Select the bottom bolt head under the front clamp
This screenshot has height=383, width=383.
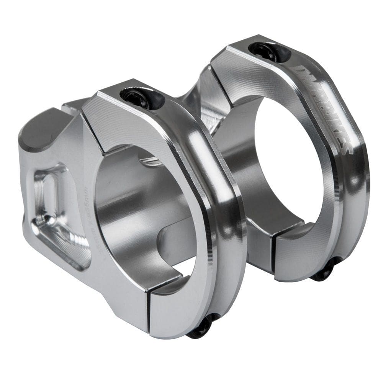click(x=200, y=328)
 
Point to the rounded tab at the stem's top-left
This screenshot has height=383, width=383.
click(x=38, y=126)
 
